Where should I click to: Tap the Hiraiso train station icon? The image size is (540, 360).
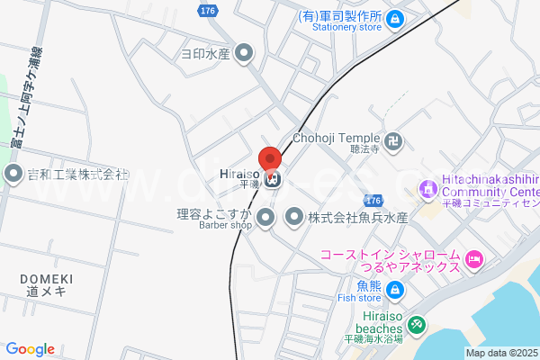[x=274, y=179]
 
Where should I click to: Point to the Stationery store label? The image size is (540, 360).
[x=346, y=27]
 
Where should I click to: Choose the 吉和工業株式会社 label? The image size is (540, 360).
[x=79, y=174]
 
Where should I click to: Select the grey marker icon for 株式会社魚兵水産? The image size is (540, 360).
[x=294, y=217]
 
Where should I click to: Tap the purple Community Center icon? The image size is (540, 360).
[x=427, y=188]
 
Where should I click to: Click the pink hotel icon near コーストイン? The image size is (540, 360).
[x=474, y=262]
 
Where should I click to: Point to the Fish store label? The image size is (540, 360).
[x=359, y=298]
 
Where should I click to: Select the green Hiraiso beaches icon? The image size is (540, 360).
[x=416, y=324]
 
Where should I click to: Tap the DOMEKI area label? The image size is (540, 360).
[x=47, y=279]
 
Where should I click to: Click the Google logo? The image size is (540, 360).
[x=30, y=348]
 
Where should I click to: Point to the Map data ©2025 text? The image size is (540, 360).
[x=501, y=353]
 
